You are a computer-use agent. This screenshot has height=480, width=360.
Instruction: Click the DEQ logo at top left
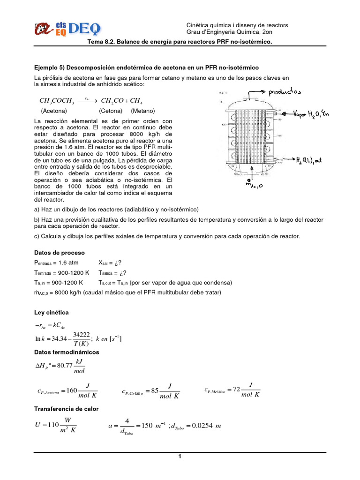click(67, 29)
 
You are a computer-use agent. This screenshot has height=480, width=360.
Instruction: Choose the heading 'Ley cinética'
click(52, 312)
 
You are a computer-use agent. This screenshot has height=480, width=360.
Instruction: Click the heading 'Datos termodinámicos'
click(67, 352)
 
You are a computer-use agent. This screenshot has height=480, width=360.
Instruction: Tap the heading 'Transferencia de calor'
click(67, 409)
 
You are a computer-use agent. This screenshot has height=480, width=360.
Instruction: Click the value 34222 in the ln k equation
click(82, 334)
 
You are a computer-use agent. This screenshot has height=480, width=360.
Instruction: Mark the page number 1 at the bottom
click(180, 457)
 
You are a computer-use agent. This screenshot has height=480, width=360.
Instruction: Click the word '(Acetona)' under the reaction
click(54, 111)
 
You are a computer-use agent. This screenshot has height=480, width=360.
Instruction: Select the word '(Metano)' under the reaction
click(143, 111)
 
